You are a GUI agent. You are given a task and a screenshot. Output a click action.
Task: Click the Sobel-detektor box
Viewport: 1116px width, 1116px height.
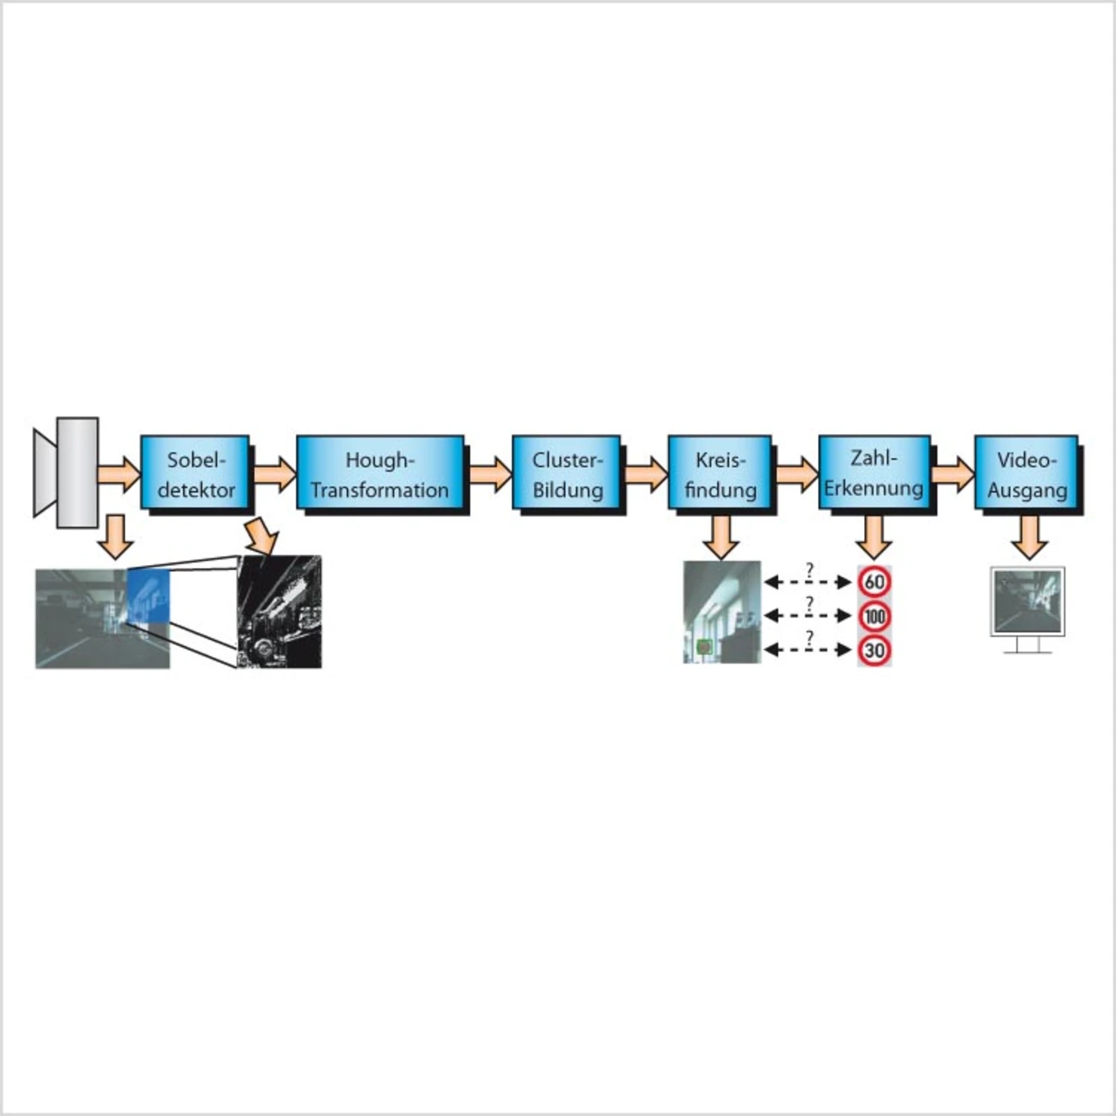click(195, 472)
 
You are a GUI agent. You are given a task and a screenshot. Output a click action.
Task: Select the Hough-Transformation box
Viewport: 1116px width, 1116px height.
click(380, 472)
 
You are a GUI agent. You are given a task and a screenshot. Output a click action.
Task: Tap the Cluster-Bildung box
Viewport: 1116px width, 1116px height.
click(567, 472)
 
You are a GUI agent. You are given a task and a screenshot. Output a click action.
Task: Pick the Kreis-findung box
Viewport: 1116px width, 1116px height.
click(720, 472)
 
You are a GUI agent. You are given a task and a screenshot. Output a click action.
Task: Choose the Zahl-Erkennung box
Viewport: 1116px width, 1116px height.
click(874, 472)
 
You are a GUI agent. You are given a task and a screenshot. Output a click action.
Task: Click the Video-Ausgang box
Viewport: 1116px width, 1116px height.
click(1026, 472)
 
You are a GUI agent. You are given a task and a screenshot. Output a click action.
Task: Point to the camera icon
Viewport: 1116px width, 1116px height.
click(66, 473)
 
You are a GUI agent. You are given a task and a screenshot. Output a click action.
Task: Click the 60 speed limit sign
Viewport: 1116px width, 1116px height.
click(874, 582)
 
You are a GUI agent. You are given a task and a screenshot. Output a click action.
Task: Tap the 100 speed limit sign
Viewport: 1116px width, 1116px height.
click(874, 616)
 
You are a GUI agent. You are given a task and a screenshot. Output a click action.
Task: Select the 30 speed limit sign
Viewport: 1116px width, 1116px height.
click(874, 650)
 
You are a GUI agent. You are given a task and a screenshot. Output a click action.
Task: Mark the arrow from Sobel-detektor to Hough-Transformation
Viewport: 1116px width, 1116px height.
click(275, 473)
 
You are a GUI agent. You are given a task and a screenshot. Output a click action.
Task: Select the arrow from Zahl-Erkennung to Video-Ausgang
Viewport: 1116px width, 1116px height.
click(953, 473)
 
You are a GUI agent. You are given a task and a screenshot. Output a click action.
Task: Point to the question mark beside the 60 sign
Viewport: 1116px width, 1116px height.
click(809, 570)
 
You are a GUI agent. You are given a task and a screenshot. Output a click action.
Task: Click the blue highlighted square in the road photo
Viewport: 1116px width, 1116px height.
click(148, 596)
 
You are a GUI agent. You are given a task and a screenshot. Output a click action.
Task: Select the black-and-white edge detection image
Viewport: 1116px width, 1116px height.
click(279, 611)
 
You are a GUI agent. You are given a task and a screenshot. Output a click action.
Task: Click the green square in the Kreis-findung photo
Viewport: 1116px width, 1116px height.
click(704, 647)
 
